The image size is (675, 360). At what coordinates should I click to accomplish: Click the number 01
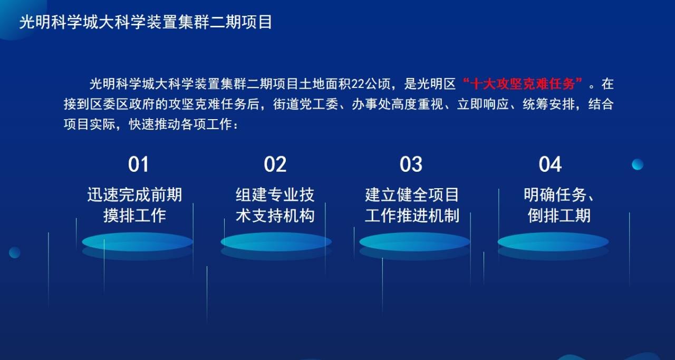pos(138,164)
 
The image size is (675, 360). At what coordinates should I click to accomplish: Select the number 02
pos(275,164)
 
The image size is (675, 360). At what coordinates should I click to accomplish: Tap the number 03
pos(411,164)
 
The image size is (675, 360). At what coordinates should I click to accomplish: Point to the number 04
pos(550,164)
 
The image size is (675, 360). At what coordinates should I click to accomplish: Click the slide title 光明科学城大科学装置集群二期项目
pos(146,22)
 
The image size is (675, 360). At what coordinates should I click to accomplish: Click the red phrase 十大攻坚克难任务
pos(522,84)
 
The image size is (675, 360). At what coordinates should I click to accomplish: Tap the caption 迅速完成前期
pos(134,194)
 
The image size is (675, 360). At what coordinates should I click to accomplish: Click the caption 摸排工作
pos(134,216)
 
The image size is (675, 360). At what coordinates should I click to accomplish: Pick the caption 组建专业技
pos(275,194)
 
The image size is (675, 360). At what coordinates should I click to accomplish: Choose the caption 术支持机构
pos(275,216)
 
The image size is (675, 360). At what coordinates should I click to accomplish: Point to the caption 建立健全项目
pos(412,194)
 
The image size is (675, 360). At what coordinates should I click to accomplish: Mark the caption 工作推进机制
pos(412,216)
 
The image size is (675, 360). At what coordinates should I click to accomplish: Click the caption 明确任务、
pos(559,194)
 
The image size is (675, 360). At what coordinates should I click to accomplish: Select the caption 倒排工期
pos(559,216)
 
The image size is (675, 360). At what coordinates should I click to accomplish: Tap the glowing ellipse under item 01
pos(138,241)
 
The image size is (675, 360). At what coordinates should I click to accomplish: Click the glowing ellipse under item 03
pos(414,241)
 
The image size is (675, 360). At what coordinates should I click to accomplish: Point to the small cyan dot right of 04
pos(638,164)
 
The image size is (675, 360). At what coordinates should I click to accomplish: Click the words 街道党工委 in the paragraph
pos(305,104)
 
